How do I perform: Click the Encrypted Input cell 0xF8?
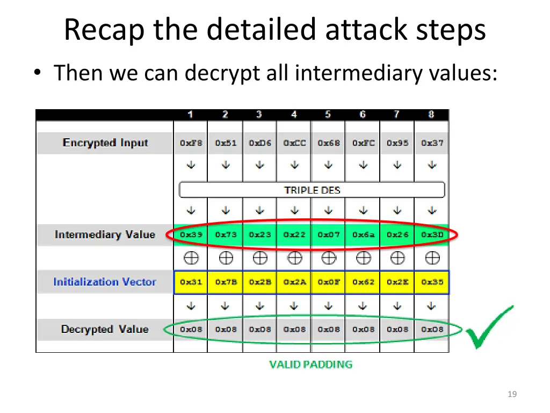coord(191,143)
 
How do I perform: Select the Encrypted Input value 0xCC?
coord(294,143)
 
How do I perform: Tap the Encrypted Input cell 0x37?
coord(432,143)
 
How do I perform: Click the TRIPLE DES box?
coord(312,190)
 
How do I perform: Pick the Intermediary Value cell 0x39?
coord(191,234)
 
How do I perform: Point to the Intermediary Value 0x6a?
coord(363,234)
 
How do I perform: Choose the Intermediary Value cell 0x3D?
coord(432,234)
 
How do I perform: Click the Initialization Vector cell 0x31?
coord(191,282)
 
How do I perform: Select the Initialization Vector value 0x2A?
coord(294,282)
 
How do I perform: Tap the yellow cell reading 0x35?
coord(432,282)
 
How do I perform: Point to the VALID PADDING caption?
coord(310,365)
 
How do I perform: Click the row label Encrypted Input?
coord(105,143)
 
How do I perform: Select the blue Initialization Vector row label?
coord(105,282)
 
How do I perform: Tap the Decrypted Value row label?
coord(105,329)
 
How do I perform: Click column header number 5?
coord(328,115)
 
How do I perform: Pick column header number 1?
coord(191,115)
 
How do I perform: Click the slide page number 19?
coord(512,394)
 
